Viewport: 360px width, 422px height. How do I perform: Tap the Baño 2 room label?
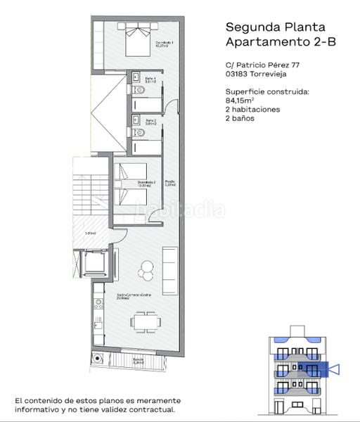(150, 121)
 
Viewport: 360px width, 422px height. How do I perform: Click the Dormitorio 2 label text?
(146, 184)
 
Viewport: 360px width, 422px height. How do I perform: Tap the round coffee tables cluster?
(146, 267)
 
